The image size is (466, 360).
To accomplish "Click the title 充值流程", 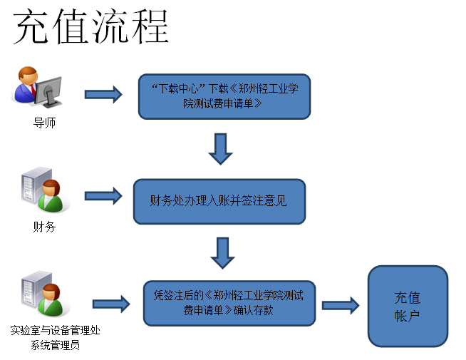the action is point(91,26).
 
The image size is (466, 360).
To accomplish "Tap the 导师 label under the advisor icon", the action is point(44,123).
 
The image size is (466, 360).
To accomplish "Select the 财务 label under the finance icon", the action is point(44,227).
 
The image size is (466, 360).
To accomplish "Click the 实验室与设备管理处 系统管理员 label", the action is point(56,338).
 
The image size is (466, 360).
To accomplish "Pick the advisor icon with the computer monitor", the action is point(36,87).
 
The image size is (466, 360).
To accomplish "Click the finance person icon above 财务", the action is point(46,190).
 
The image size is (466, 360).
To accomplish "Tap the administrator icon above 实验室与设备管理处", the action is point(46,294).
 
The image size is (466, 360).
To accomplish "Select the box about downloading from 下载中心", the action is point(224,97).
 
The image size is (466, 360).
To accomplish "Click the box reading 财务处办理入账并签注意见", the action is point(219,201).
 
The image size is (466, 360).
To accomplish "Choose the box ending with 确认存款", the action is point(229,303).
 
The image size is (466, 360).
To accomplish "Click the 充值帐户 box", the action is point(408,307).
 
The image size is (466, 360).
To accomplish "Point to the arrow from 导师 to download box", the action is point(103,95).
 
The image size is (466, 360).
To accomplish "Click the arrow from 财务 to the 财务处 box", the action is point(103,196).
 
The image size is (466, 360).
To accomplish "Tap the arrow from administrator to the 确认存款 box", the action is point(111,304).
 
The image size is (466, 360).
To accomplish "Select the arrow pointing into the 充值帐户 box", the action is point(341,305).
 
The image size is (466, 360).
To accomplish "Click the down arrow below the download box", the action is point(220,149).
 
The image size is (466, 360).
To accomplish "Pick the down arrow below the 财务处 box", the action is point(222,253).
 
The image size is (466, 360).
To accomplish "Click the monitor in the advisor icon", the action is point(48,91).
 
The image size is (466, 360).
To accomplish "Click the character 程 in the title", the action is point(150,26).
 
